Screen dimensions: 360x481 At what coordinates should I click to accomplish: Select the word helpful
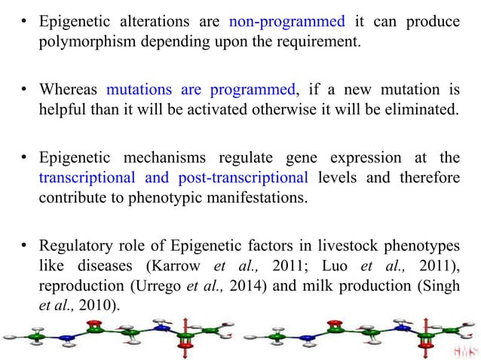(61, 111)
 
